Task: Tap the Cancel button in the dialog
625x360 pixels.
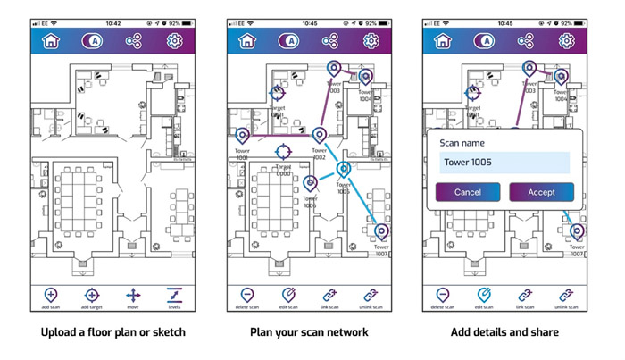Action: coord(468,192)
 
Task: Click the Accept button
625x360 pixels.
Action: coord(541,192)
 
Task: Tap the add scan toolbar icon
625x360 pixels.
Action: coord(50,294)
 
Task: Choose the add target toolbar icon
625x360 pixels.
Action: coord(92,294)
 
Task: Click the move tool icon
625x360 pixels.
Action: coord(133,294)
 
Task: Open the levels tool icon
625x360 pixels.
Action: coord(175,294)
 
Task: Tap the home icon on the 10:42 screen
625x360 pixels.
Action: coord(51,40)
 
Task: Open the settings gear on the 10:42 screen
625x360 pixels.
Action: coord(175,40)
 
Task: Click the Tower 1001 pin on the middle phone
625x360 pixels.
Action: coord(242,136)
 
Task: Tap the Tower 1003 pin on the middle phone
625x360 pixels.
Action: coord(333,67)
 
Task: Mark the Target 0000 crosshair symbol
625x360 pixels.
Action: coord(283,150)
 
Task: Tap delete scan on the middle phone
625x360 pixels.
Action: coord(246,294)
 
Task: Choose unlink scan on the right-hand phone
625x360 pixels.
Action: coord(566,294)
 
